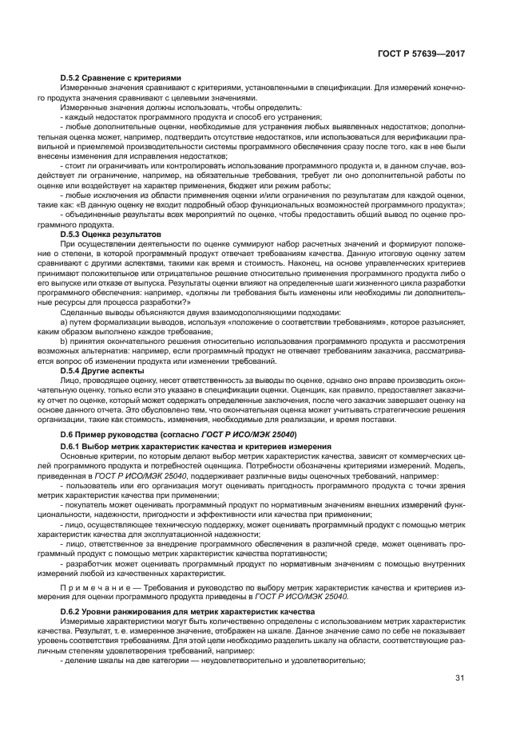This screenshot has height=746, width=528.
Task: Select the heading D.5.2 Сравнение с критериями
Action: click(110, 77)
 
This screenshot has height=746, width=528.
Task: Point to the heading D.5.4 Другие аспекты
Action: click(101, 371)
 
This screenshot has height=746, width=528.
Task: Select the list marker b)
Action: click(64, 341)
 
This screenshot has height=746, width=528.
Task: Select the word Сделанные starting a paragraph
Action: click(82, 312)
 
